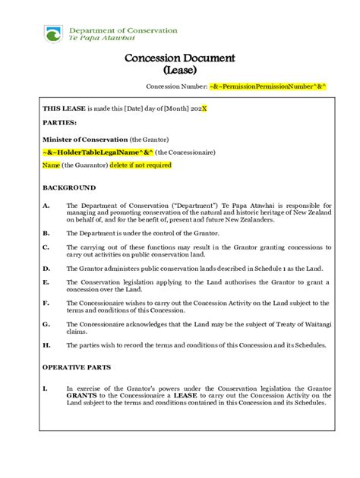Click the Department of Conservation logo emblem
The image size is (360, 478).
pyautogui.click(x=54, y=33)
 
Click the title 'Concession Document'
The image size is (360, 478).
pyautogui.click(x=180, y=58)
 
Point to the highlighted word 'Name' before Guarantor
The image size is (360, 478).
pyautogui.click(x=51, y=164)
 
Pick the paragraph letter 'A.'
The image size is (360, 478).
pyautogui.click(x=46, y=205)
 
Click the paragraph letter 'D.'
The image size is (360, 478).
pyautogui.click(x=46, y=269)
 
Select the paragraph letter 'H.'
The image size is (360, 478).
pyautogui.click(x=46, y=345)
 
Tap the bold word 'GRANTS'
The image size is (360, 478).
pyautogui.click(x=82, y=395)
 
